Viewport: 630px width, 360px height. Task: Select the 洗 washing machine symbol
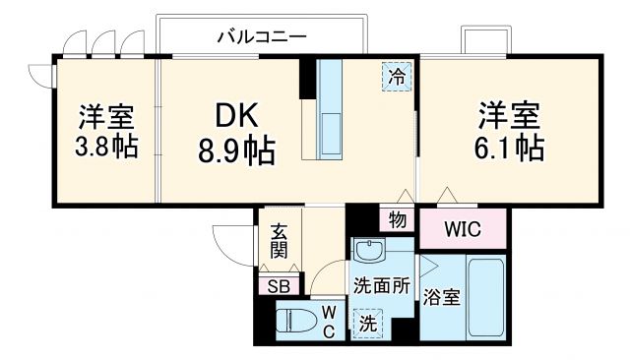367,322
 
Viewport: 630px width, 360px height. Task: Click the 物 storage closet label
397,221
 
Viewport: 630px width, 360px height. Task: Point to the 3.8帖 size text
108,148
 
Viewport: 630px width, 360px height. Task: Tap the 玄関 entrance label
280,240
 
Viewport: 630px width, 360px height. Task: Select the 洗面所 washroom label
381,287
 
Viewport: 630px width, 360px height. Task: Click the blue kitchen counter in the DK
329,110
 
